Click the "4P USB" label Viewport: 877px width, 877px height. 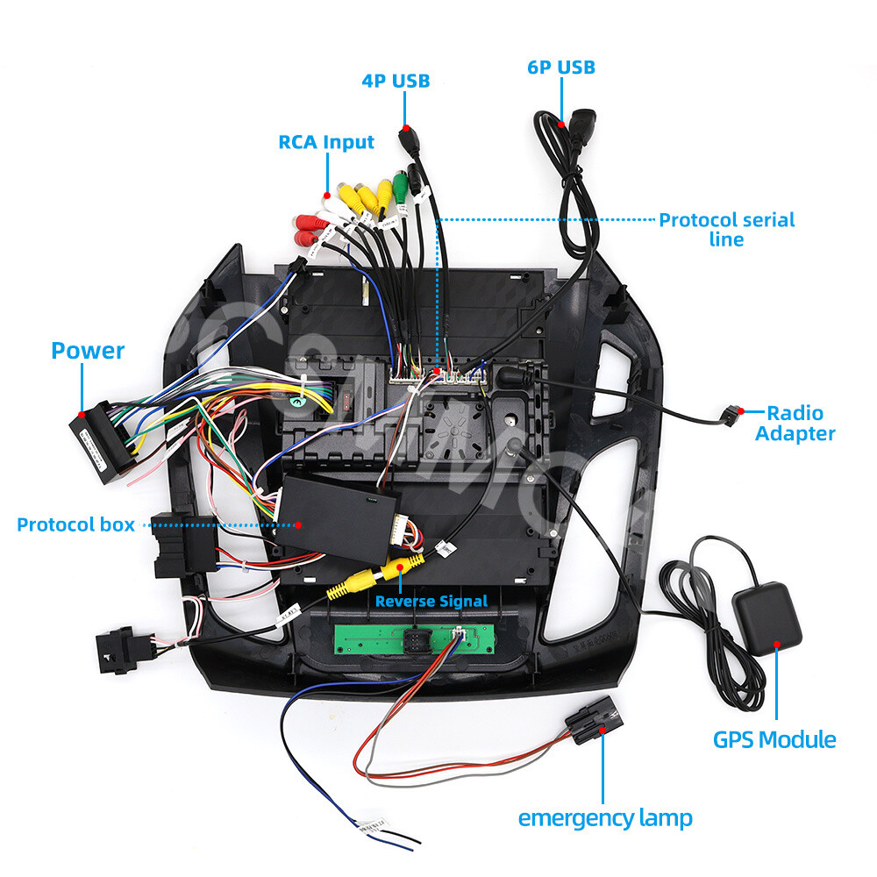[396, 81]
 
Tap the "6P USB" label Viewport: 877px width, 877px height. [561, 67]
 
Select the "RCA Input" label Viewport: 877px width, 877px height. [326, 142]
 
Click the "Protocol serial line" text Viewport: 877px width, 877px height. [726, 229]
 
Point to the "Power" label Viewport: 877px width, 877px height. [88, 351]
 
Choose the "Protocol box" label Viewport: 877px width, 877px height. [76, 524]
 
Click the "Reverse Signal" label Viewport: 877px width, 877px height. [431, 601]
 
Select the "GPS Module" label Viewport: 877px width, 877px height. [774, 739]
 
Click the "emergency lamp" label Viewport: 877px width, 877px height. [605, 818]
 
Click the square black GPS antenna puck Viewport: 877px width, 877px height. [766, 615]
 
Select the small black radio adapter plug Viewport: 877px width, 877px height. [731, 413]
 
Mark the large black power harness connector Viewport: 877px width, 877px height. [101, 443]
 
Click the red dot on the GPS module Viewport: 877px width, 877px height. [775, 645]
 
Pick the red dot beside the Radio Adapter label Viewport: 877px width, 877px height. [741, 410]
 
